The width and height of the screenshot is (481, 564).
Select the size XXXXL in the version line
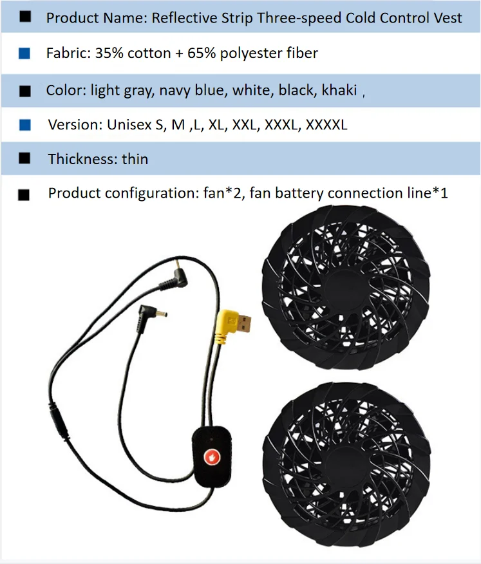tap(326, 125)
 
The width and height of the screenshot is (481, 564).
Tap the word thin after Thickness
tap(135, 159)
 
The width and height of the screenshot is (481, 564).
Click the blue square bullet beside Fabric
tap(25, 54)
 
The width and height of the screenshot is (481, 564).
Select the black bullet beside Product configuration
tap(24, 194)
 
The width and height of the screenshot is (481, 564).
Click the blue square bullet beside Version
tap(25, 125)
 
